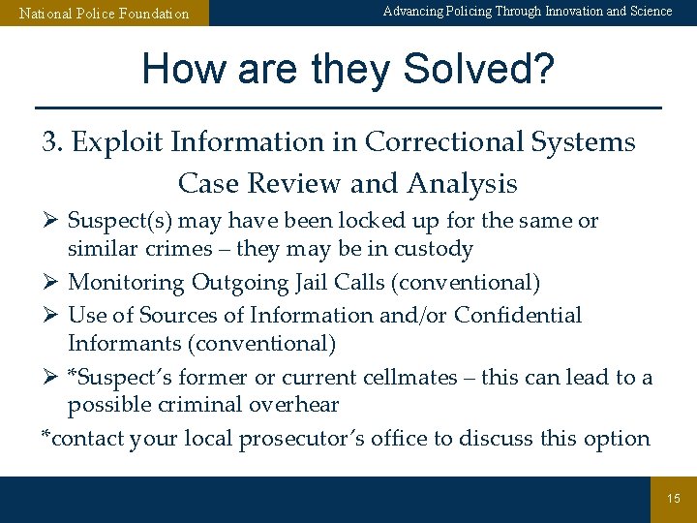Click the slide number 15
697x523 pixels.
(674, 499)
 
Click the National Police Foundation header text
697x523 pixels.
(105, 14)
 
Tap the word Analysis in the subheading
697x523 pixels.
(463, 183)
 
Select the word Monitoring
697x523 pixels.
(126, 283)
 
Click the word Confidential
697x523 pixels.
(518, 315)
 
